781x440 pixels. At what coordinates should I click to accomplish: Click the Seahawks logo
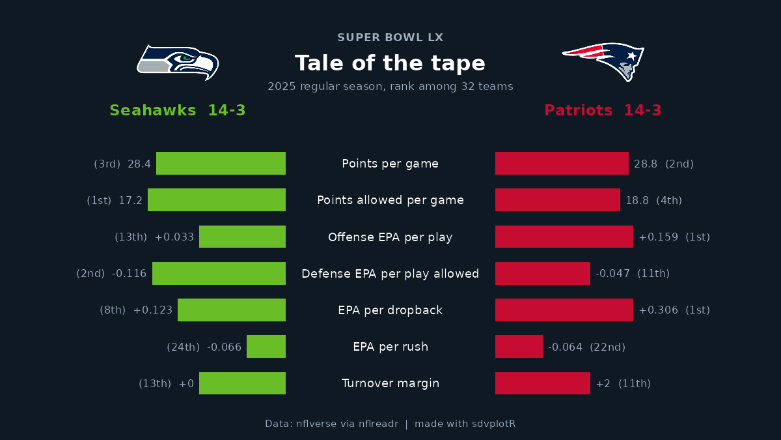click(178, 63)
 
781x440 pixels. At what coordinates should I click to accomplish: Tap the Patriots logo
click(603, 62)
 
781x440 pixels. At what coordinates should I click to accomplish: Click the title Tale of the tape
click(390, 63)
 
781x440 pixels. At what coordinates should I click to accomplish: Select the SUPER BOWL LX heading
click(390, 37)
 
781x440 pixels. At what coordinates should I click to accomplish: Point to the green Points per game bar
click(221, 163)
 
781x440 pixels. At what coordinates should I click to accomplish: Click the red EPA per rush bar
click(519, 346)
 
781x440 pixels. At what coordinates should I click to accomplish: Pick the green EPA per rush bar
click(266, 346)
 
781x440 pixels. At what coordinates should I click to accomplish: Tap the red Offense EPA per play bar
click(564, 237)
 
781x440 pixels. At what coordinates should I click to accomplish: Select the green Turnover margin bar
click(242, 383)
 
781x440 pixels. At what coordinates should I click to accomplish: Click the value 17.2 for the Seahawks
click(130, 201)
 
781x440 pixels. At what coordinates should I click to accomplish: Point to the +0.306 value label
click(658, 310)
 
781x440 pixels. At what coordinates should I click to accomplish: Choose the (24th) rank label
click(183, 347)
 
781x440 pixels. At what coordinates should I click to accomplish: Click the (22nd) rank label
click(608, 347)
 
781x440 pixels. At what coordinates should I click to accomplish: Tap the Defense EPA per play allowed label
click(390, 274)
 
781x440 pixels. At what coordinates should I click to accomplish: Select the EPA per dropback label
click(390, 310)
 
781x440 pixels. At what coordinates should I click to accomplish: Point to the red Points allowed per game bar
click(558, 199)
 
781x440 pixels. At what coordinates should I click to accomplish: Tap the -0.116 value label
click(129, 273)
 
